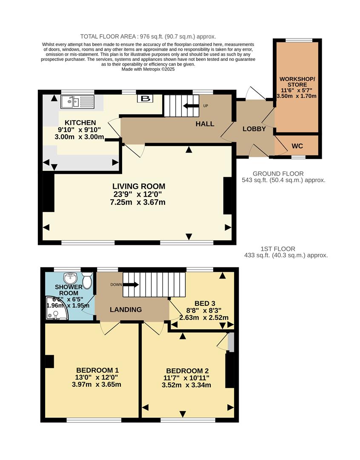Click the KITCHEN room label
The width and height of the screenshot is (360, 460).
pos(77,123)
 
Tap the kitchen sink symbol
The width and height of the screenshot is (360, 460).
pos(77,102)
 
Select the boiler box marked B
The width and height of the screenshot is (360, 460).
pos(146,99)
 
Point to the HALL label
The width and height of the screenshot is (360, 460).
pos(205,124)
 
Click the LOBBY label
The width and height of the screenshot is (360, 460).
pos(254,129)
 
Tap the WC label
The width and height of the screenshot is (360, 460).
pos(297,146)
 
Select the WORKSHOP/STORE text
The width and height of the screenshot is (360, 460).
pos(297,82)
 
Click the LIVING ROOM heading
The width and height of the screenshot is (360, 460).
pos(138,186)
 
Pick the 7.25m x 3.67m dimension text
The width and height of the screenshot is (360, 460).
pos(137,202)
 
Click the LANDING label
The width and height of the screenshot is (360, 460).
pos(126,310)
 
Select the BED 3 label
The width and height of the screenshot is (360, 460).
pos(204,303)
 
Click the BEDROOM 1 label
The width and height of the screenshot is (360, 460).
pos(97,370)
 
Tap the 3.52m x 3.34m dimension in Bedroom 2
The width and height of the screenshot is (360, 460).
pos(186,385)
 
